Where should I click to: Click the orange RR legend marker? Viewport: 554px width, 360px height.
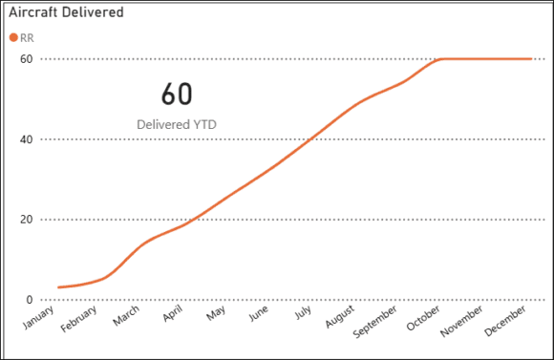click(13, 38)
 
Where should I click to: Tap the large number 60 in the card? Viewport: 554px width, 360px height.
click(177, 94)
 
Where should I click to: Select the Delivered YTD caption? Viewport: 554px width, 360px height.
click(177, 124)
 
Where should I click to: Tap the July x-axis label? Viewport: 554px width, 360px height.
click(305, 316)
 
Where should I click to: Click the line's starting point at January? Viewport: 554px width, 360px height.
click(58, 287)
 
